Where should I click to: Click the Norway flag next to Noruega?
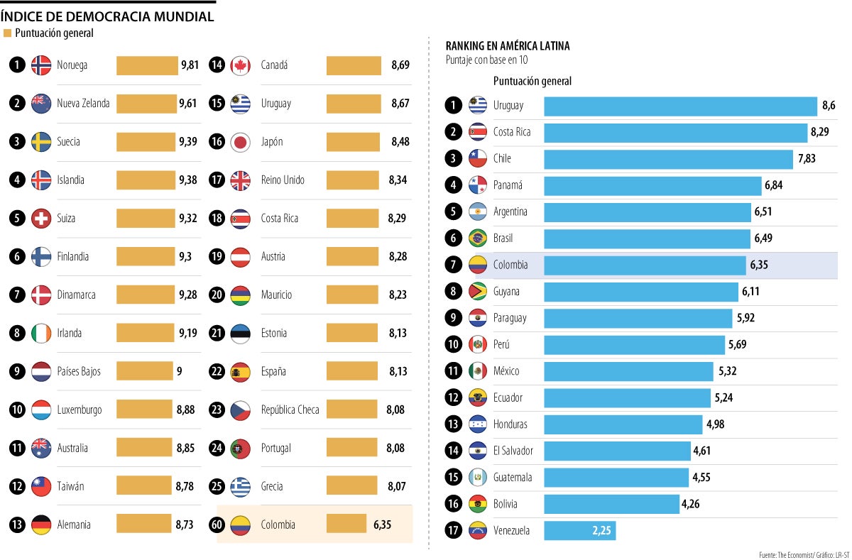[41, 65]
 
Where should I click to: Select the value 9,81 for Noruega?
[190, 65]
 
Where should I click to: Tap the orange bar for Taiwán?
[144, 486]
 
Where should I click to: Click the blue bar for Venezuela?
[579, 530]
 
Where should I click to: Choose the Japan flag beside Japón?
[241, 142]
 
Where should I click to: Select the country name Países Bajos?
[79, 371]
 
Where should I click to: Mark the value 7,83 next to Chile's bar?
[807, 158]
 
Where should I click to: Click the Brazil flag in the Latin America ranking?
[477, 238]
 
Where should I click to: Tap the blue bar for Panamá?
[652, 185]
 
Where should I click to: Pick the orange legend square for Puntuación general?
[8, 33]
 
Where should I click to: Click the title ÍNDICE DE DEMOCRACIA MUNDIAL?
[107, 16]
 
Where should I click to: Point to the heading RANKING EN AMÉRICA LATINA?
[507, 46]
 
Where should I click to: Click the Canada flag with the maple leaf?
[241, 65]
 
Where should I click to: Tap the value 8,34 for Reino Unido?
[398, 180]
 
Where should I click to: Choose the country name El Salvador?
[513, 451]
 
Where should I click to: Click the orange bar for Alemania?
[144, 525]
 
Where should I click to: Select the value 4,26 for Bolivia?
[691, 504]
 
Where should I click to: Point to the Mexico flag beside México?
[477, 371]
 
